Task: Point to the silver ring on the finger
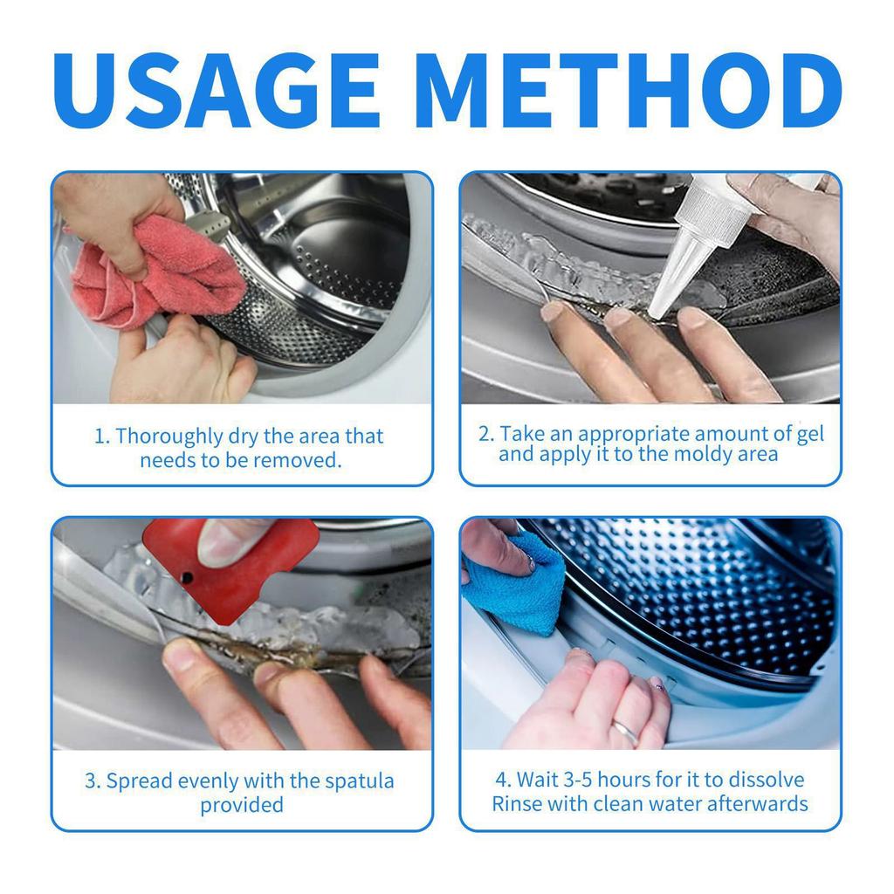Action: (x=624, y=732)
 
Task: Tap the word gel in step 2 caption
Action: (x=809, y=434)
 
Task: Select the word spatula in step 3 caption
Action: (x=359, y=781)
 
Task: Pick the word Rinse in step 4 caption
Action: (x=517, y=803)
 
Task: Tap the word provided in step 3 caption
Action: (x=242, y=804)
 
